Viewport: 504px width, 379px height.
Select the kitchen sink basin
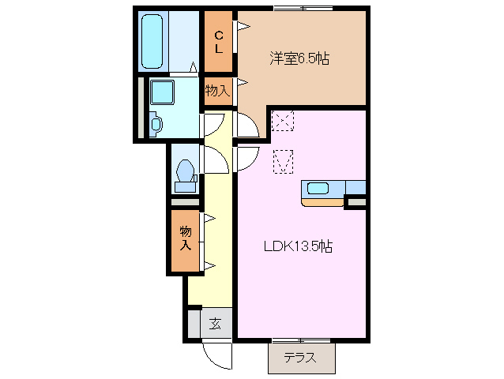pyautogui.click(x=318, y=188)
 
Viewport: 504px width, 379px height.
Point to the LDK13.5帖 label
pyautogui.click(x=297, y=246)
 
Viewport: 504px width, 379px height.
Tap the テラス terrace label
pyautogui.click(x=299, y=358)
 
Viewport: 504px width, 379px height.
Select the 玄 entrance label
pyautogui.click(x=215, y=322)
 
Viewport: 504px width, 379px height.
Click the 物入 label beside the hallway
pyautogui.click(x=185, y=238)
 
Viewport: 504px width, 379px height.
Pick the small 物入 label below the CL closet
pyautogui.click(x=217, y=91)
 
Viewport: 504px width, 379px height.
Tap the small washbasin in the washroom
pyautogui.click(x=155, y=124)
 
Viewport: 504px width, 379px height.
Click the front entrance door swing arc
pyautogui.click(x=215, y=353)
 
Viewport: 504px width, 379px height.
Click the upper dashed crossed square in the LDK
pyautogui.click(x=282, y=122)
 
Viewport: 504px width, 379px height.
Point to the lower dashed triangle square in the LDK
pyautogui.click(x=283, y=161)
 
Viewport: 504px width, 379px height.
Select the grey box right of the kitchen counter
pyautogui.click(x=356, y=203)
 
